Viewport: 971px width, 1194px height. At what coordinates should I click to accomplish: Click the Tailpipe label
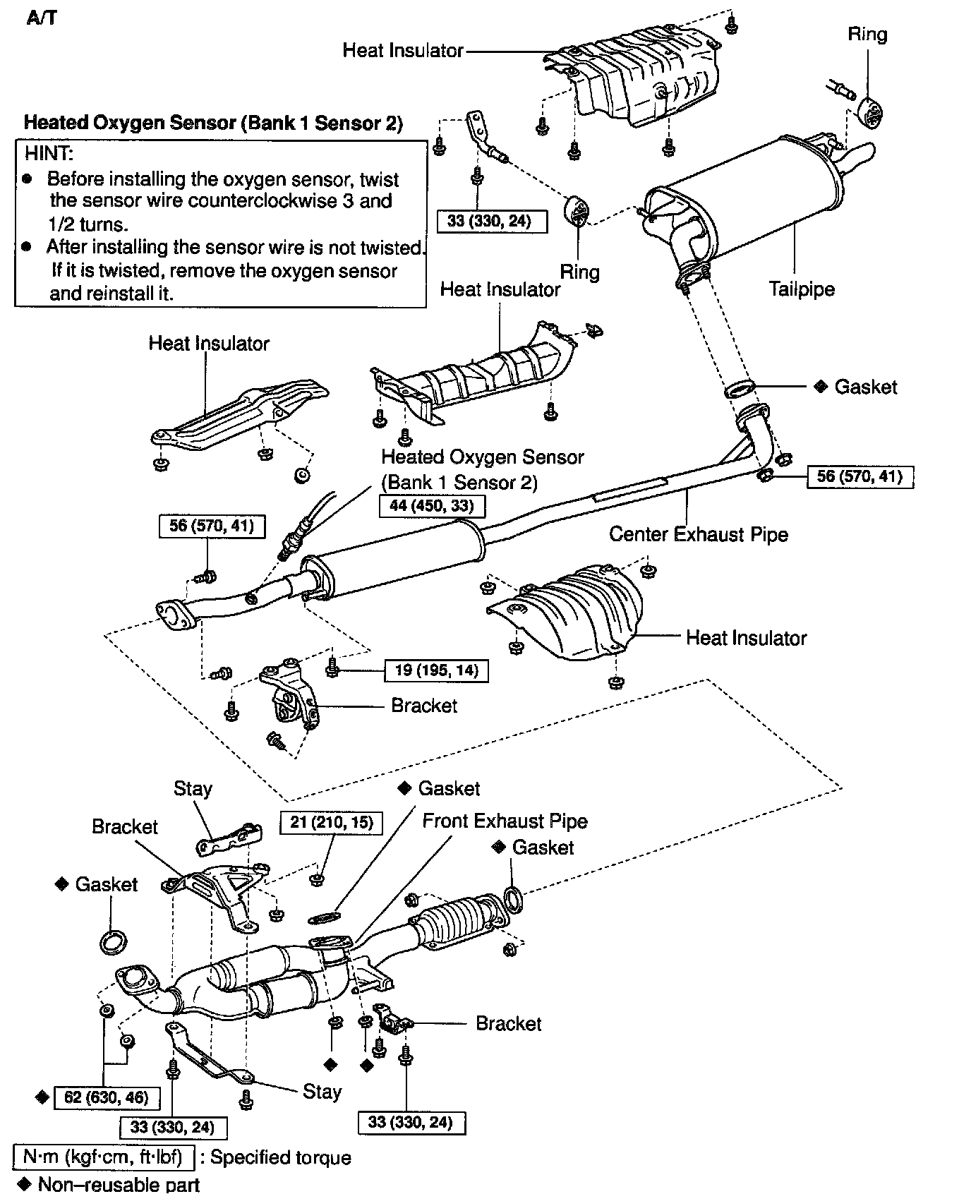pyautogui.click(x=801, y=289)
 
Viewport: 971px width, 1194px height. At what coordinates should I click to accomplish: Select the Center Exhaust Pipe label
pyautogui.click(x=698, y=534)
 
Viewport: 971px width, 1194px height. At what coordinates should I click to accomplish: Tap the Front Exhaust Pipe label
pyautogui.click(x=505, y=821)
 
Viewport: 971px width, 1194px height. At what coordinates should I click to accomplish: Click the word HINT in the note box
pyautogui.click(x=49, y=153)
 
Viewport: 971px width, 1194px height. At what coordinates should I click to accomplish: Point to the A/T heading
pyautogui.click(x=42, y=18)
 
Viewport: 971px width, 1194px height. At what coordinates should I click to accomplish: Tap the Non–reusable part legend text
pyautogui.click(x=119, y=1184)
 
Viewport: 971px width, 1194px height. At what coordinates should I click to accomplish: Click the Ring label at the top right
pyautogui.click(x=867, y=35)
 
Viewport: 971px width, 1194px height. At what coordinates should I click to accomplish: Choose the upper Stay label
pyautogui.click(x=193, y=789)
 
